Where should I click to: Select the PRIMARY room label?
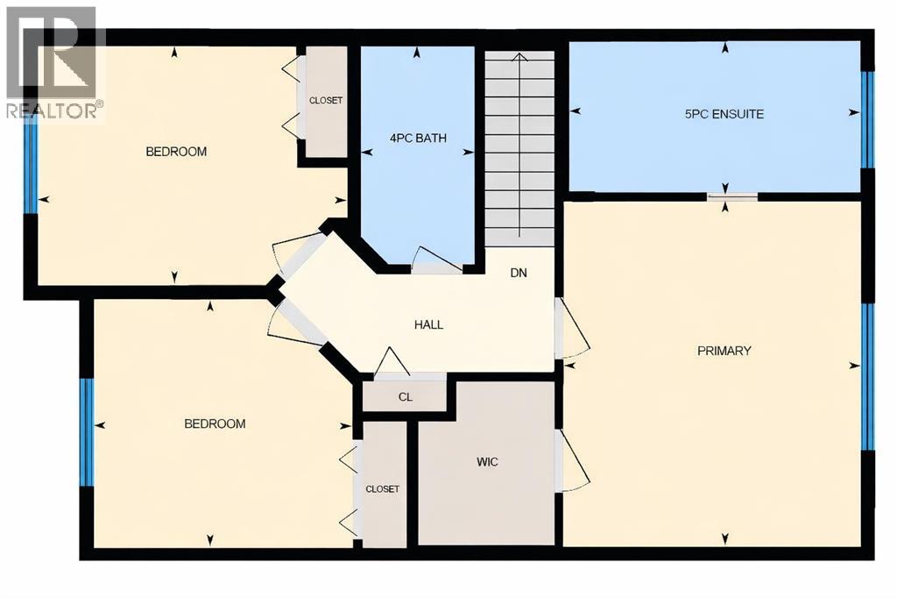tap(724, 351)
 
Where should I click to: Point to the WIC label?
tap(487, 462)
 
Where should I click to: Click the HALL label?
tap(428, 324)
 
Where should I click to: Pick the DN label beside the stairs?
tap(519, 273)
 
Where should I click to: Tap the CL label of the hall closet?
tap(405, 396)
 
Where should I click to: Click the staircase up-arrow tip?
tap(519, 57)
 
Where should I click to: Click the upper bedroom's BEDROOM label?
tap(176, 152)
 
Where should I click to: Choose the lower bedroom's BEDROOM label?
tap(215, 424)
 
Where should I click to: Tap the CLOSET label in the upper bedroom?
tap(326, 100)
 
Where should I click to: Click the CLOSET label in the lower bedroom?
tap(382, 489)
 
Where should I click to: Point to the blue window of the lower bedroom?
tap(88, 431)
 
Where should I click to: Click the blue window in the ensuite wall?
tap(867, 119)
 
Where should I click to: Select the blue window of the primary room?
tap(867, 376)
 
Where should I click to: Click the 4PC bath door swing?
tap(434, 260)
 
